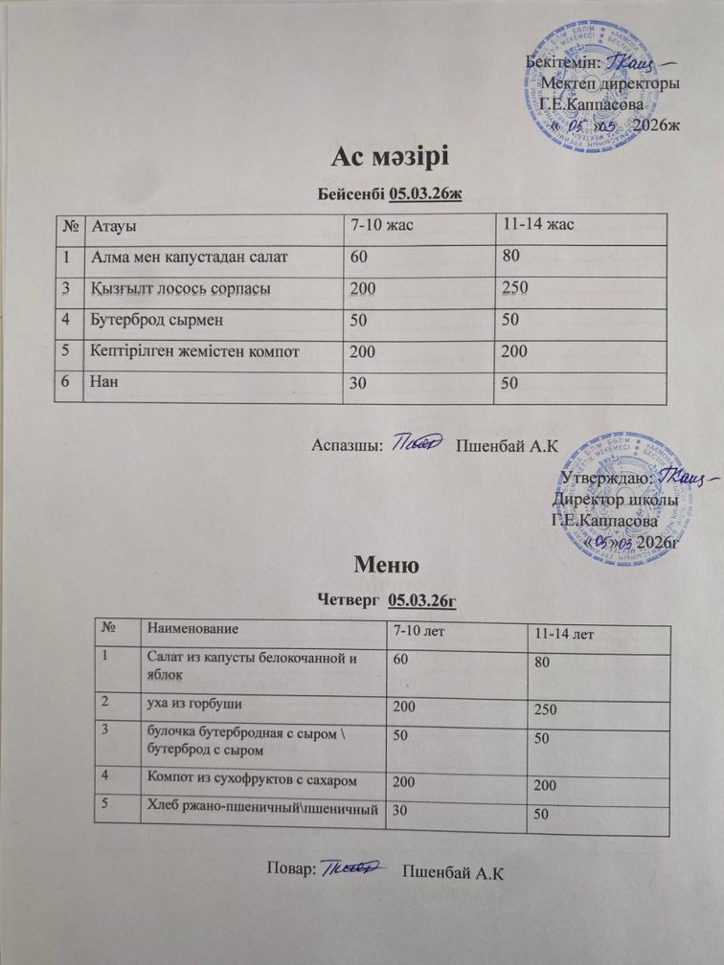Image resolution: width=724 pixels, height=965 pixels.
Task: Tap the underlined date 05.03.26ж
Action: tap(426, 195)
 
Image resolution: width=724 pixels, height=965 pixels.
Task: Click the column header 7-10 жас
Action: tap(384, 225)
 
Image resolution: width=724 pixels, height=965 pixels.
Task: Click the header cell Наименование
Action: tap(191, 629)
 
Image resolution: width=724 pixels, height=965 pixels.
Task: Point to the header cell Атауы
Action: tap(112, 225)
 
